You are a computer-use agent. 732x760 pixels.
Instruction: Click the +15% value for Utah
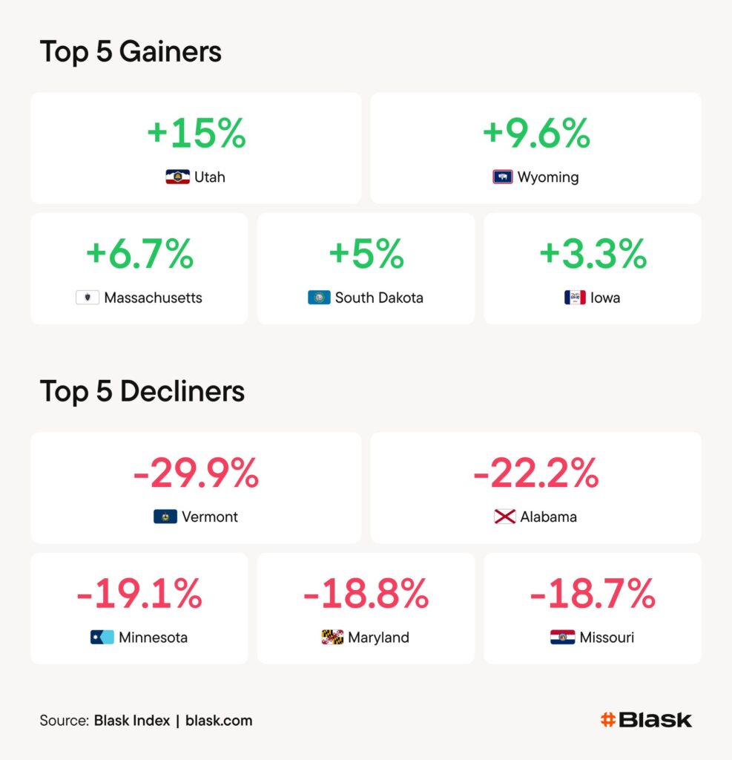point(196,134)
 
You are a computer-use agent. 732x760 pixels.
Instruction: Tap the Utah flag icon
point(177,177)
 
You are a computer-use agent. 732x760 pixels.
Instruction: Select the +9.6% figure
point(535,134)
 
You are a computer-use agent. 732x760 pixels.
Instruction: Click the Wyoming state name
point(548,177)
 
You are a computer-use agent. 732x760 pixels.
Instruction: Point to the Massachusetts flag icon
point(88,298)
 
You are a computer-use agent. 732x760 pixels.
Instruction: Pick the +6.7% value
point(139,255)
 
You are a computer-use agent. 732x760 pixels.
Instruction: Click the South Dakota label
point(379,298)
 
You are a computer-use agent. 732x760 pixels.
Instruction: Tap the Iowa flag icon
point(575,298)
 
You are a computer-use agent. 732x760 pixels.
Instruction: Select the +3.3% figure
point(593,255)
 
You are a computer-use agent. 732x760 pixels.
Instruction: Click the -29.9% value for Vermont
point(196,474)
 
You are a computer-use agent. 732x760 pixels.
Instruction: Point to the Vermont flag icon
point(165,517)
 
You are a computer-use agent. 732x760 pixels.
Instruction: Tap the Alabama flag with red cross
point(505,517)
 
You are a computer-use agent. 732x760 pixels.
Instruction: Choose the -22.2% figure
point(535,474)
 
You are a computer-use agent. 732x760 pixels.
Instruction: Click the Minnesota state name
point(153,638)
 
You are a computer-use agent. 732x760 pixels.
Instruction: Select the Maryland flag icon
point(332,638)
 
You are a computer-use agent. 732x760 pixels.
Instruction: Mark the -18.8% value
point(366,594)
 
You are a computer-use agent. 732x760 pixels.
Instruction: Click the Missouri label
point(607,638)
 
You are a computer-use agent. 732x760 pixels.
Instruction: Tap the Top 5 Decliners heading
point(142,391)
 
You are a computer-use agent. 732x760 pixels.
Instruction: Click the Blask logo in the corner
point(646,719)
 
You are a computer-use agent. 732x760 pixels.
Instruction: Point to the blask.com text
point(219,720)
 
